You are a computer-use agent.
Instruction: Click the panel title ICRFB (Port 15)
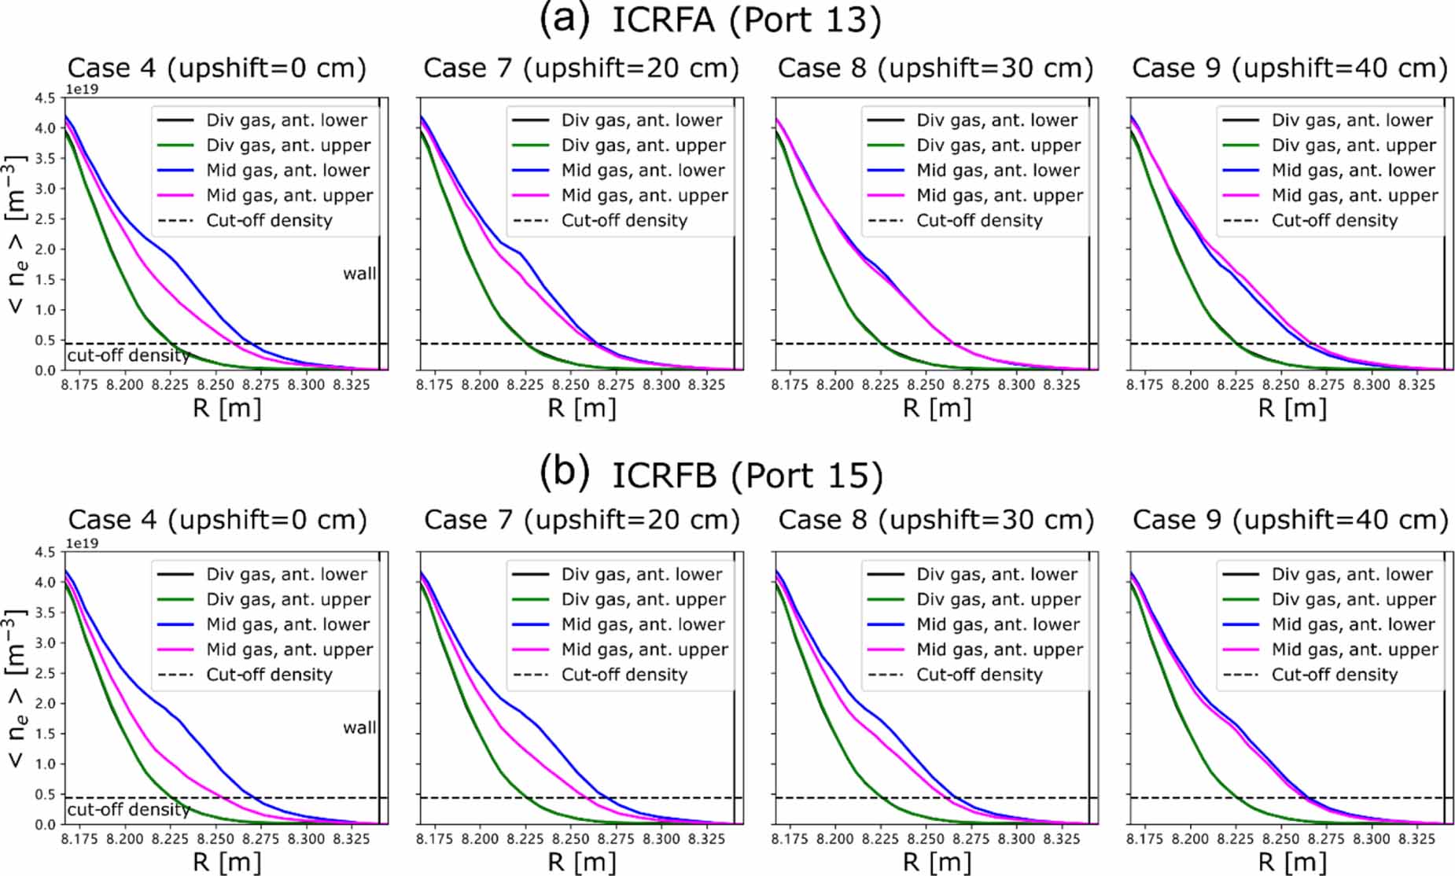(x=747, y=475)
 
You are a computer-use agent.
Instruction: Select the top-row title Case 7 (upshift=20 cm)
(x=581, y=68)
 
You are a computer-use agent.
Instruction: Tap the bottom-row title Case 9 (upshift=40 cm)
(x=1291, y=520)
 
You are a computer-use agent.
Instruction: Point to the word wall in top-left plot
(x=359, y=274)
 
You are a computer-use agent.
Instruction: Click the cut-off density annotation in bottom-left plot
(x=128, y=809)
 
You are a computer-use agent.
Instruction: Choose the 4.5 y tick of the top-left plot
(x=46, y=98)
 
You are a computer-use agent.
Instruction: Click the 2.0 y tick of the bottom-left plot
(x=46, y=703)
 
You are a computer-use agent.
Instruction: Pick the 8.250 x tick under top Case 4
(x=215, y=385)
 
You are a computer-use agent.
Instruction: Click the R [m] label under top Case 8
(x=937, y=408)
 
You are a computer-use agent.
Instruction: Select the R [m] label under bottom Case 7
(x=582, y=862)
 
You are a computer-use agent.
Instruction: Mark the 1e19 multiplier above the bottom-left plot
(x=82, y=543)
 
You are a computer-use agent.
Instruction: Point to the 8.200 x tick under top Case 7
(x=480, y=385)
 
